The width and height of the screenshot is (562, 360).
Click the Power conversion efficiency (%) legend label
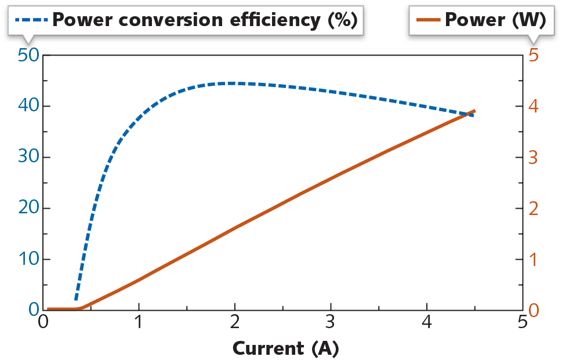tap(203, 20)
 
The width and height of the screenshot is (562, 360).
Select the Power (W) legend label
tap(495, 20)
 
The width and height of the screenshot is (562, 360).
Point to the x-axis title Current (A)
tap(285, 348)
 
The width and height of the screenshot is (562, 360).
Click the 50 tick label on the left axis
tap(27, 55)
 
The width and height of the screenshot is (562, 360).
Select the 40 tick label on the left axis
tap(27, 106)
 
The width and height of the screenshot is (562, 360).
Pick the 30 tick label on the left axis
tap(27, 157)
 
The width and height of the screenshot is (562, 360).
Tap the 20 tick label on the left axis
tap(27, 208)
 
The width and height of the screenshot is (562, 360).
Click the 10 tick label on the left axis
tap(27, 259)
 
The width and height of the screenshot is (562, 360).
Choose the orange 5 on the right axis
tap(534, 55)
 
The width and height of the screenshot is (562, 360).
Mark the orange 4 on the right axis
tap(534, 106)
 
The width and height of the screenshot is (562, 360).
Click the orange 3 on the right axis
tap(534, 157)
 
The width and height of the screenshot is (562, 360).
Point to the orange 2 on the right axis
tap(534, 208)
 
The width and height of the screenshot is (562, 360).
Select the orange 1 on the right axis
tap(534, 259)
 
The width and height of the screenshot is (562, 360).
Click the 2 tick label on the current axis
tap(235, 322)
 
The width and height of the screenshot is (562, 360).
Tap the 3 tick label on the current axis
tap(331, 322)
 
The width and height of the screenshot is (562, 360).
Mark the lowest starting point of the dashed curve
tap(76, 299)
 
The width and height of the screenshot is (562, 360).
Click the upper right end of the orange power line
tap(474, 111)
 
